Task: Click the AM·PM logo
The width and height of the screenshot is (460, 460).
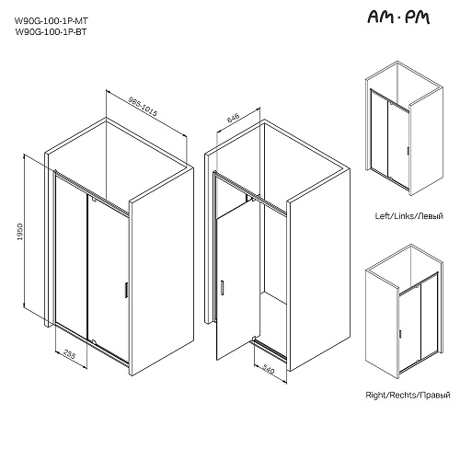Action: pyautogui.click(x=398, y=17)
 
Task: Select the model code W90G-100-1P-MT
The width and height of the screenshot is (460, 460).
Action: pyautogui.click(x=52, y=21)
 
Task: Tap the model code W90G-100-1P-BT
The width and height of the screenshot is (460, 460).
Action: pyautogui.click(x=51, y=31)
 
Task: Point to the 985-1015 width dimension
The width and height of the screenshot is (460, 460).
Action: pyautogui.click(x=143, y=107)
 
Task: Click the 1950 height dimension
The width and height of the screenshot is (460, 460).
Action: pyautogui.click(x=20, y=232)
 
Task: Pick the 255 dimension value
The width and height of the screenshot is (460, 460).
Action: pyautogui.click(x=70, y=354)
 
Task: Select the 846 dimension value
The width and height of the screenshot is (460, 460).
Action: pyautogui.click(x=233, y=118)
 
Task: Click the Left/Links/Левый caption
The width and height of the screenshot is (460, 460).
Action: pyautogui.click(x=409, y=216)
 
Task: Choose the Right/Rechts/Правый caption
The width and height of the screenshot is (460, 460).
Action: pyautogui.click(x=408, y=395)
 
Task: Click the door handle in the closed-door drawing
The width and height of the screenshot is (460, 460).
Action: pyautogui.click(x=126, y=290)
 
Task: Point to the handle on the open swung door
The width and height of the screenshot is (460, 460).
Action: pyautogui.click(x=223, y=288)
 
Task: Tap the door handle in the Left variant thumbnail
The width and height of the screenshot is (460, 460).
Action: pyautogui.click(x=408, y=151)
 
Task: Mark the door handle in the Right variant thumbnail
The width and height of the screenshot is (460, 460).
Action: pyautogui.click(x=400, y=334)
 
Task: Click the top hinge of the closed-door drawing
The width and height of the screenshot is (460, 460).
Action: pyautogui.click(x=94, y=201)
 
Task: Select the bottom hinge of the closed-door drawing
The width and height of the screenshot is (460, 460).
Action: pyautogui.click(x=94, y=341)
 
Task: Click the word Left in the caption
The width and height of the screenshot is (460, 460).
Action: pyautogui.click(x=382, y=216)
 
